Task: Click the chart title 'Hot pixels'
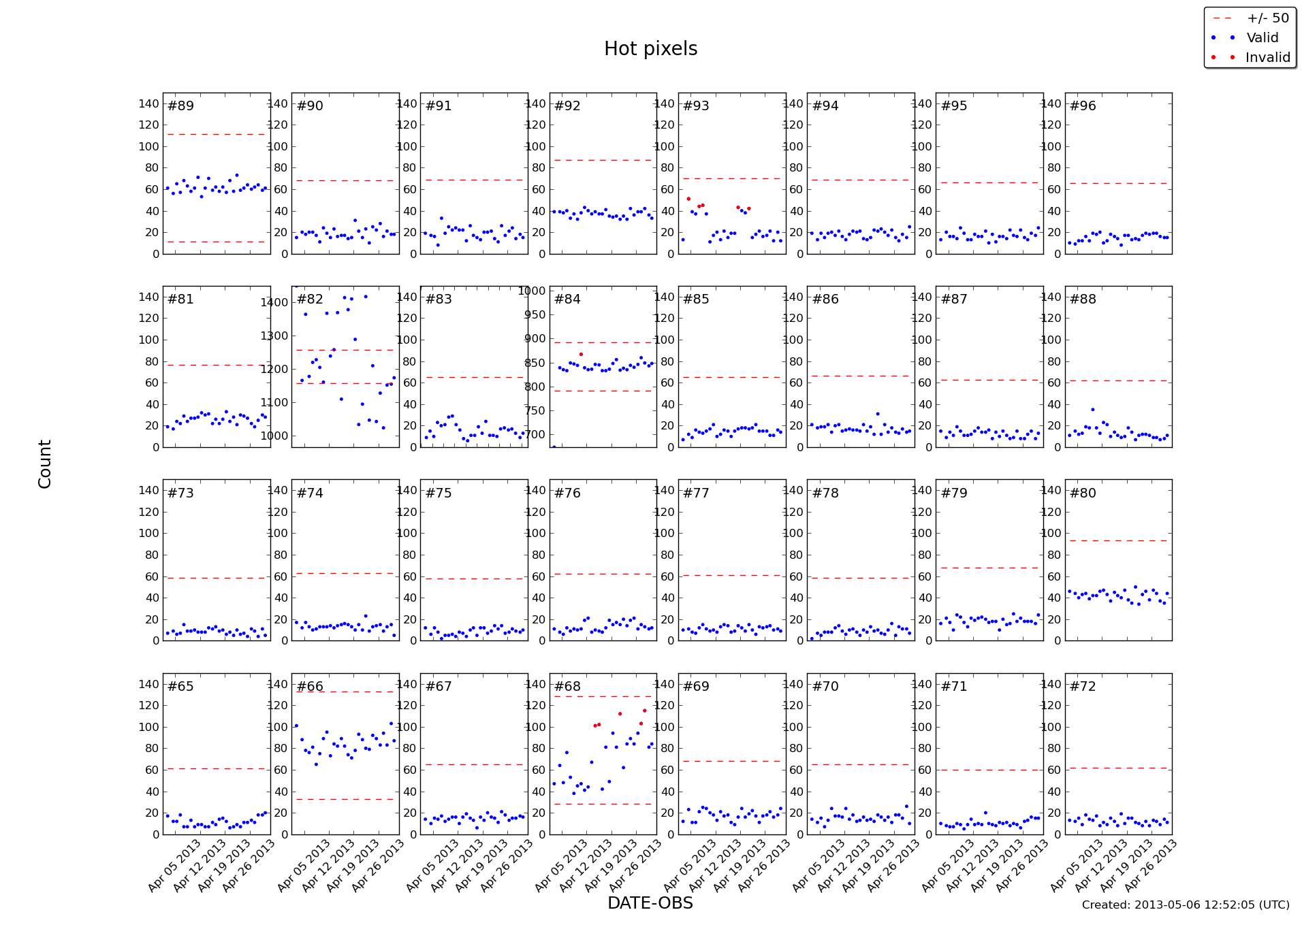(x=650, y=49)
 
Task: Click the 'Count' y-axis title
(x=45, y=463)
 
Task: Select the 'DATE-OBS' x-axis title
(x=650, y=903)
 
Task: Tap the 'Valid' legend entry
(x=1262, y=38)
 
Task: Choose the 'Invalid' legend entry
(x=1267, y=58)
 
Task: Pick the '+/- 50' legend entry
(x=1267, y=18)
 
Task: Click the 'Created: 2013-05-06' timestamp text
(x=1185, y=905)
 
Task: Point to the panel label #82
(x=310, y=299)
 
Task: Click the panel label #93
(x=696, y=106)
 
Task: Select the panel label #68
(x=567, y=687)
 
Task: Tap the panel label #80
(x=1083, y=493)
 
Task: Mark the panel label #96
(x=1083, y=106)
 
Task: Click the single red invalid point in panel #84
(x=581, y=355)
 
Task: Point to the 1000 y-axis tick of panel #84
(x=532, y=291)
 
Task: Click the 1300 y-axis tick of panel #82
(x=274, y=336)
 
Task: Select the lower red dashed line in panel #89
(x=216, y=242)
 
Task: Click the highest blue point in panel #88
(x=1093, y=410)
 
